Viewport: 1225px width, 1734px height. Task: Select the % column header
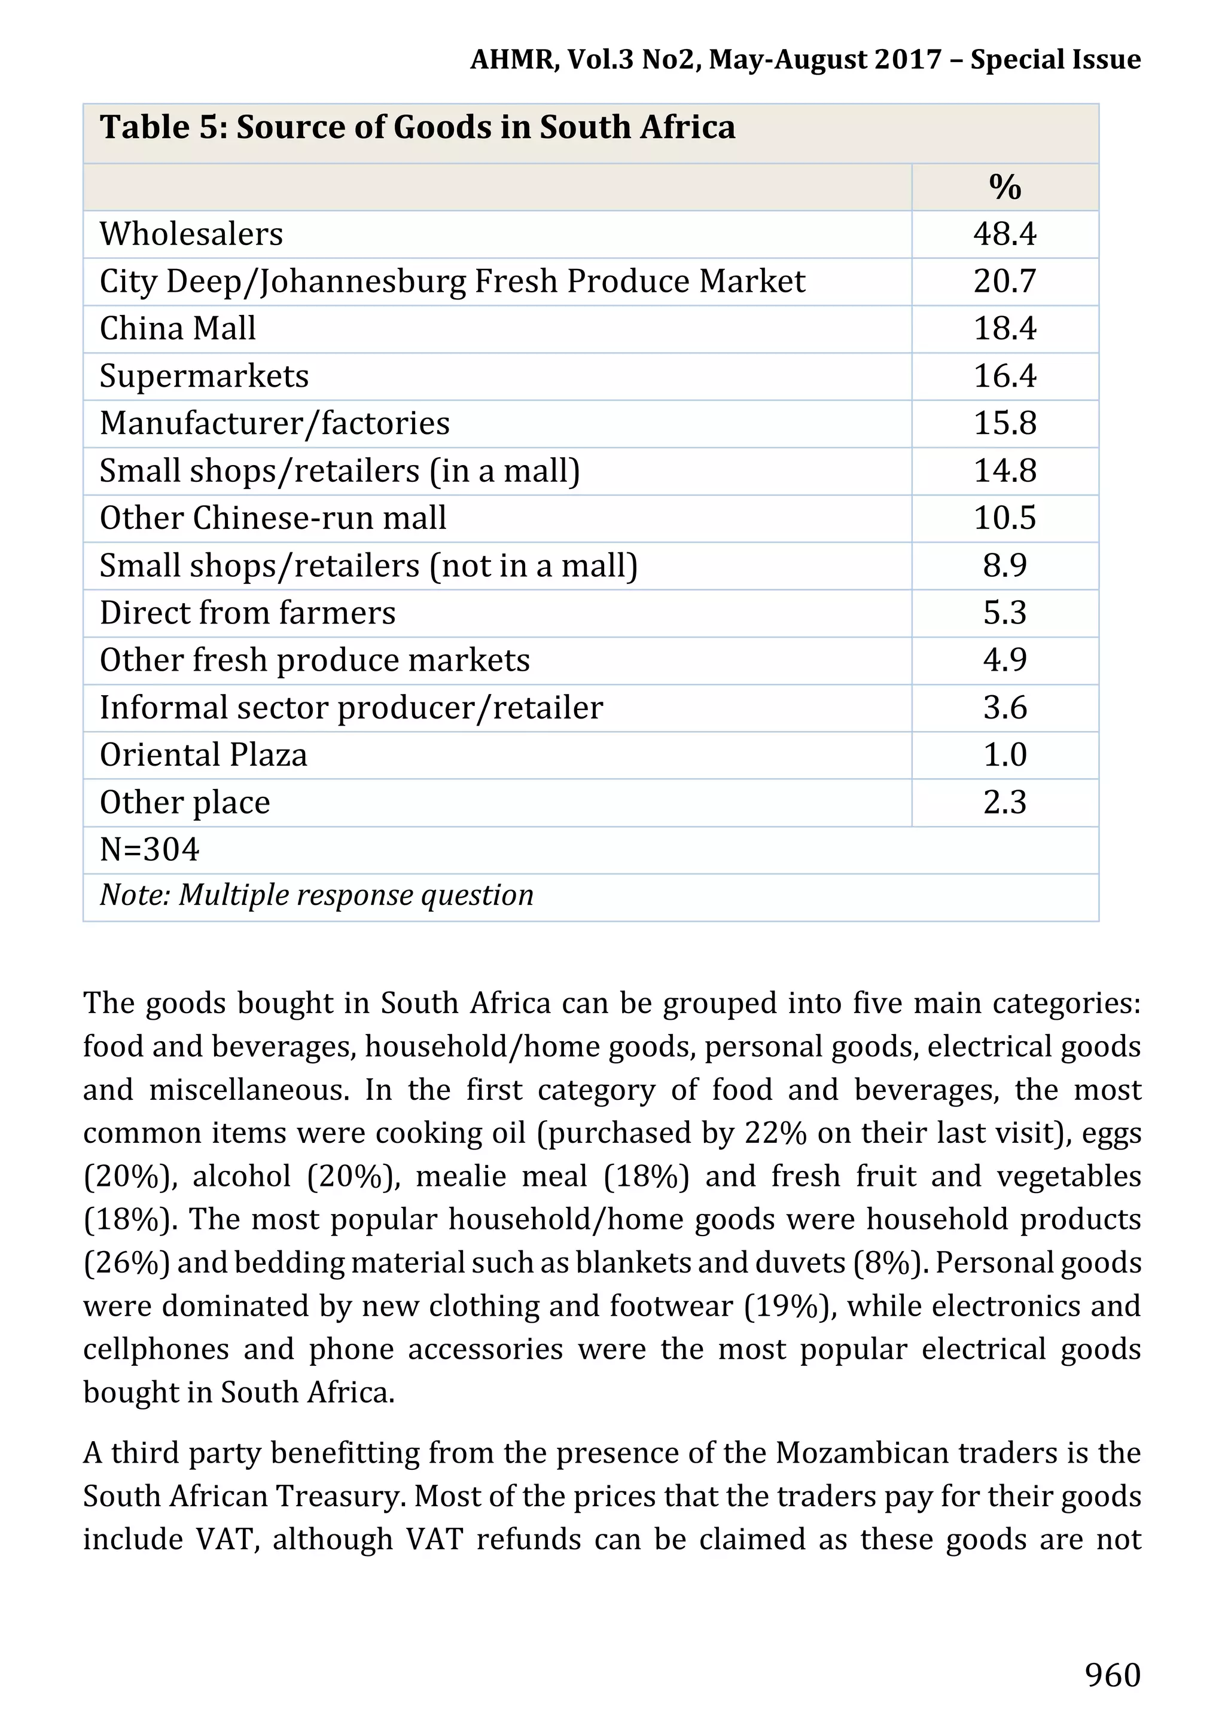1004,187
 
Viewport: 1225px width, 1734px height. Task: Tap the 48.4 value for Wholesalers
1004,234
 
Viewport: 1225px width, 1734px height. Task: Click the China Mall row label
178,329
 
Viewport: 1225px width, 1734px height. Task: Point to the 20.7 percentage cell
1004,281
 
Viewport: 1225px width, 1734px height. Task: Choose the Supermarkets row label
204,376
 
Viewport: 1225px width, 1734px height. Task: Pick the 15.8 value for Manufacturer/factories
1004,423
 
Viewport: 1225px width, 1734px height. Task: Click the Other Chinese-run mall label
273,518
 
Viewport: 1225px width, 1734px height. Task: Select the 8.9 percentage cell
1004,565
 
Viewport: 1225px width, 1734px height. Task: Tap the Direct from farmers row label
247,613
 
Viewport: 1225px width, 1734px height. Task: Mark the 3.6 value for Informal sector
1004,708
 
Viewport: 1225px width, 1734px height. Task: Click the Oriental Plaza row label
203,754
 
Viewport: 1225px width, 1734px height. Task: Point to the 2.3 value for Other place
1004,802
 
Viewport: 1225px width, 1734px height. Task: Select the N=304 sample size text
150,849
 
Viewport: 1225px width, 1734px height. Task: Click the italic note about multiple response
316,896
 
